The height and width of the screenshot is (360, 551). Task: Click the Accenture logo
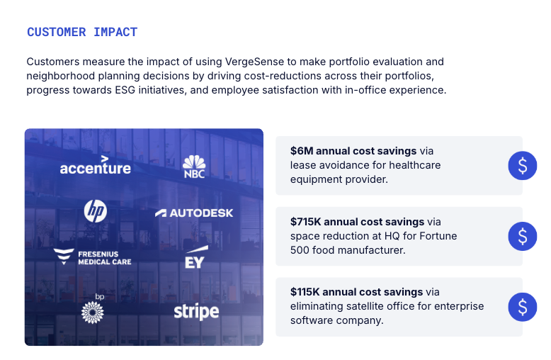coord(95,165)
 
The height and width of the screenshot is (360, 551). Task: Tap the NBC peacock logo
coord(194,167)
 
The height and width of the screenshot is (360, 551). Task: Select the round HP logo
coord(96,211)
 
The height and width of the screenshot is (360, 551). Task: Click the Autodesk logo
coord(194,213)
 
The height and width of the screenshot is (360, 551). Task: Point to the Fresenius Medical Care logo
coord(92,257)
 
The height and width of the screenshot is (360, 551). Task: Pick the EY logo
coord(196,257)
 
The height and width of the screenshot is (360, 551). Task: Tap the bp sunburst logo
coord(93,308)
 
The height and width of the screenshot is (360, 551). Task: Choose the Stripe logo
coord(196,312)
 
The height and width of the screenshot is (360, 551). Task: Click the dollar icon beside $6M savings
coord(523,166)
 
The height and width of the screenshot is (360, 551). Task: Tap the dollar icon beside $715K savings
coord(523,236)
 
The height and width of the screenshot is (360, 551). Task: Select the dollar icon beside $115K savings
coord(523,307)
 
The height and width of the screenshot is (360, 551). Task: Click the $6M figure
coord(302,151)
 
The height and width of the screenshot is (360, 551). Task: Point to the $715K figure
coord(306,222)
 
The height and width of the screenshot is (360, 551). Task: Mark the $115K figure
coord(305,292)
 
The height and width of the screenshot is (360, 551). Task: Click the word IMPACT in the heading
coord(115,33)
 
